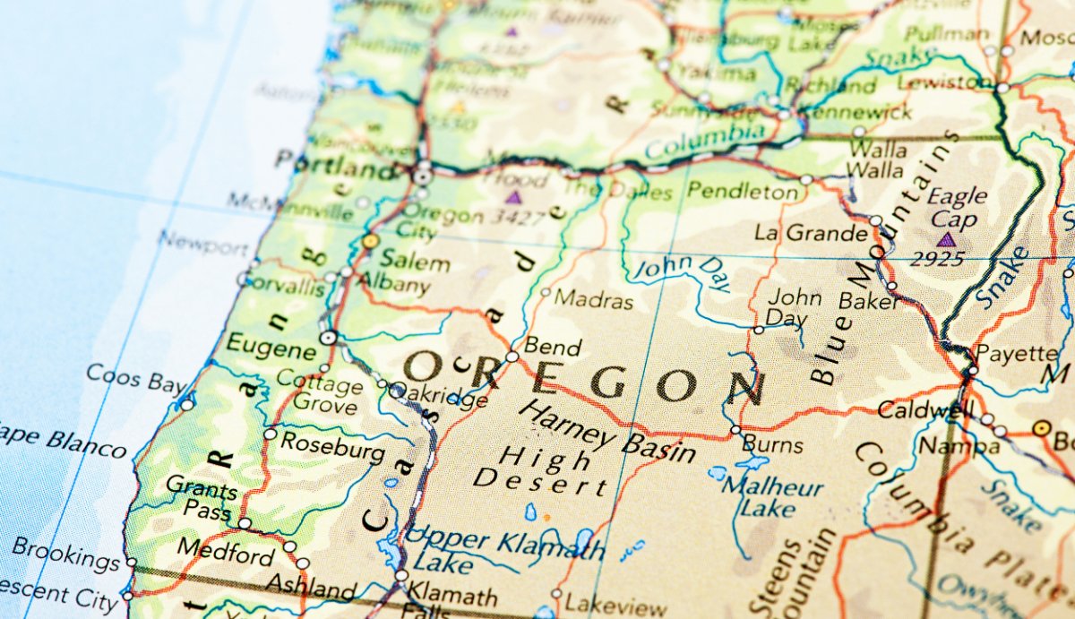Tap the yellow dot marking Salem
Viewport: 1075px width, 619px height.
(370, 241)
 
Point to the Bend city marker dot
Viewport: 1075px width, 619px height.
(512, 357)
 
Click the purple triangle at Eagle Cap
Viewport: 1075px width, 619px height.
(946, 239)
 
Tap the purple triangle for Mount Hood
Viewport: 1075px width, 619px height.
(513, 197)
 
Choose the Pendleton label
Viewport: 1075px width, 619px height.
(742, 191)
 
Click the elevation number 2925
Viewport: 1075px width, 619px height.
(938, 260)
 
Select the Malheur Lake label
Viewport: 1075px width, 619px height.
(772, 497)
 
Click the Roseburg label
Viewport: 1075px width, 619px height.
(332, 446)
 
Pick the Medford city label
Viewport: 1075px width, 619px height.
(226, 551)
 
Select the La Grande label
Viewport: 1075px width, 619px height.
(810, 234)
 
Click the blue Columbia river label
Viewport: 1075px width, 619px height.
(705, 141)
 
